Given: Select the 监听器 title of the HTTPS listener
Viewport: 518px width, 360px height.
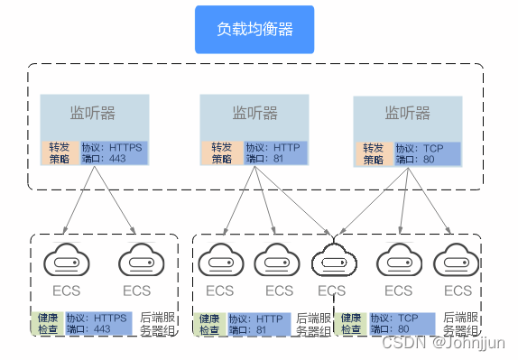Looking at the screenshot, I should pos(93,114).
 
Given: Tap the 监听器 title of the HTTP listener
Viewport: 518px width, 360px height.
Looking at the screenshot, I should pos(254,114).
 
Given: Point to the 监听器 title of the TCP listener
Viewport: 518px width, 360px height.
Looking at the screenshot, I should pos(408,114).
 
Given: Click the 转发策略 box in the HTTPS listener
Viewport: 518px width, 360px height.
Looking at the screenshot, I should pos(60,153).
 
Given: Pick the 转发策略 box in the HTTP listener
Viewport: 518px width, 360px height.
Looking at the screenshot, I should pos(221,153).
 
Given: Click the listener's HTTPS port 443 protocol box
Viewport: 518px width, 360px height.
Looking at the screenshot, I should pos(112,153).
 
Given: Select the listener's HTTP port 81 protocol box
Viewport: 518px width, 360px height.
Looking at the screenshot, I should pos(271,153).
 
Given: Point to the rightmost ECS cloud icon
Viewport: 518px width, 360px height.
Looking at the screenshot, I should pos(457,262).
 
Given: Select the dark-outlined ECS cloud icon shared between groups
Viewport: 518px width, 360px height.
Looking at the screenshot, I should pos(332,262).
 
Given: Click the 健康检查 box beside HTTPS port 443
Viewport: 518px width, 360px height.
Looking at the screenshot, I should pos(47,324).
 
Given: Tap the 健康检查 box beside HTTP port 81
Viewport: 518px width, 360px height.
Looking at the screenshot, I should pos(209,324).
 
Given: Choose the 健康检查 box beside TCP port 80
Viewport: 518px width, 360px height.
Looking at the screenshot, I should pos(352,324).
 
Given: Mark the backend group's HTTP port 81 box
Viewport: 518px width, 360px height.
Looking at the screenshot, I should pos(258,324).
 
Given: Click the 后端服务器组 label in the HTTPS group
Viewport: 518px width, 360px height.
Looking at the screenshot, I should pos(157,324).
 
